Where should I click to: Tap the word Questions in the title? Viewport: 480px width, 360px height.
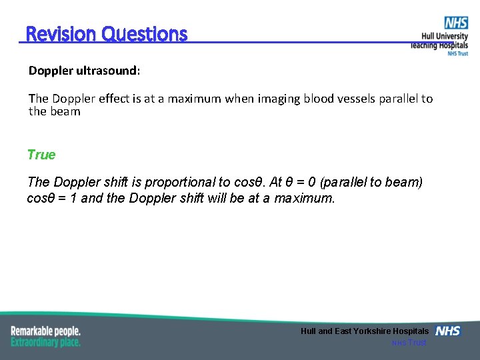[x=145, y=34]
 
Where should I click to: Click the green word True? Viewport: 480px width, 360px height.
[x=41, y=155]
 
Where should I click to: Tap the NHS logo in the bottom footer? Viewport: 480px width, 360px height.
[x=448, y=331]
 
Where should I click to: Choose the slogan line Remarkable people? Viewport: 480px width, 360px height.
[x=45, y=331]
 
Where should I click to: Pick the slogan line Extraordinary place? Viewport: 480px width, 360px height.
[x=45, y=342]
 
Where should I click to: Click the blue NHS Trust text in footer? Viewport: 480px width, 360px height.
[x=409, y=343]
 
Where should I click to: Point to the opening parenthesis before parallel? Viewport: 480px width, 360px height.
[x=335, y=182]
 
